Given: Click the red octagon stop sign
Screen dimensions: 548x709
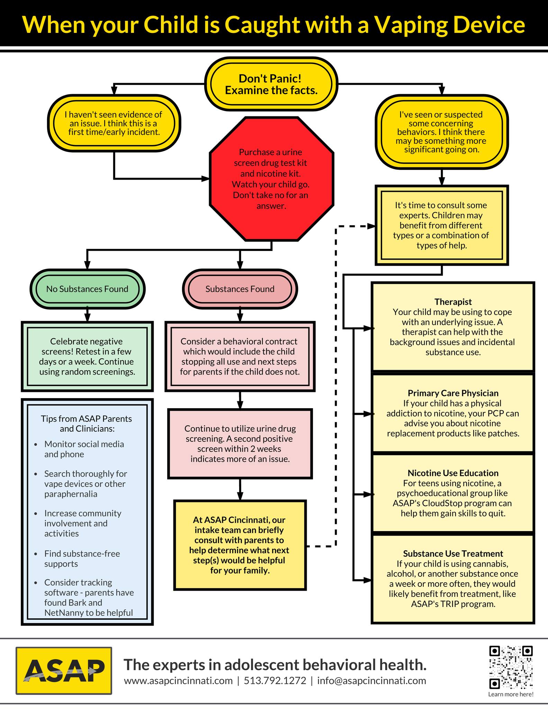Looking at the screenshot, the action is (x=272, y=179).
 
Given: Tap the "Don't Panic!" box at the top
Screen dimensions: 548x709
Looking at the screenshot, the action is (x=271, y=84).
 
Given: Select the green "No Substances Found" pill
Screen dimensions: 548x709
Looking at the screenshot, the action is (x=87, y=289).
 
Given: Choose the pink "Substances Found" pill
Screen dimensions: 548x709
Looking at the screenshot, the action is (x=240, y=289).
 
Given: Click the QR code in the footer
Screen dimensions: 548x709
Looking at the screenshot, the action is (x=511, y=667).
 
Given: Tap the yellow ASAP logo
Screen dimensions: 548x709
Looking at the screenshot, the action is (x=64, y=671).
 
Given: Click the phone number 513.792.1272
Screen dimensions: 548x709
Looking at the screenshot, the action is (x=275, y=681).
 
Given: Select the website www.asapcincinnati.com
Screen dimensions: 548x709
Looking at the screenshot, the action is (x=178, y=681).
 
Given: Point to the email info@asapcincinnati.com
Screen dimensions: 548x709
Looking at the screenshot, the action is (x=371, y=681).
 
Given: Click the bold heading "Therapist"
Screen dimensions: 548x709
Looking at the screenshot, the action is (x=453, y=302).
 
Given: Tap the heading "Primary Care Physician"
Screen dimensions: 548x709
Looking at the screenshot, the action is (x=453, y=393).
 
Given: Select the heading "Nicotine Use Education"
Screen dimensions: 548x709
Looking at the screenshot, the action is (x=453, y=473).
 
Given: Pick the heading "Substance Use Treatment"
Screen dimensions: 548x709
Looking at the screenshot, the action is (x=453, y=554).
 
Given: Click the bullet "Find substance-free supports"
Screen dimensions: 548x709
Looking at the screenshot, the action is (x=82, y=558).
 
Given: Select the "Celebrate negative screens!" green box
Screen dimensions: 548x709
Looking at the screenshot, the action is (x=87, y=357).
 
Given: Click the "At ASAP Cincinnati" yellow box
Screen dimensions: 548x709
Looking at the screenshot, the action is (x=240, y=545).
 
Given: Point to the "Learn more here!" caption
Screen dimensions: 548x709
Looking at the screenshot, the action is (x=511, y=694).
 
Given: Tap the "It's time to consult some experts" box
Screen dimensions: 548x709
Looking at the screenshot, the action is (x=442, y=225).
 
